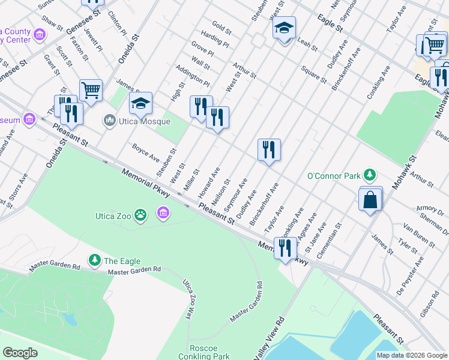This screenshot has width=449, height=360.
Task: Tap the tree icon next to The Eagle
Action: [x=94, y=260]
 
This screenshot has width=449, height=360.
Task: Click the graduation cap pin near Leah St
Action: [x=284, y=29]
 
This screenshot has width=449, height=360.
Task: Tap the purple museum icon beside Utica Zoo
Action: [x=163, y=212]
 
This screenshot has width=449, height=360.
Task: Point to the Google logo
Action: [x=20, y=353]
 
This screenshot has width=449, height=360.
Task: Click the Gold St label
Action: [x=221, y=29]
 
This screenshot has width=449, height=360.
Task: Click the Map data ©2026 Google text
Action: [x=411, y=355]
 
